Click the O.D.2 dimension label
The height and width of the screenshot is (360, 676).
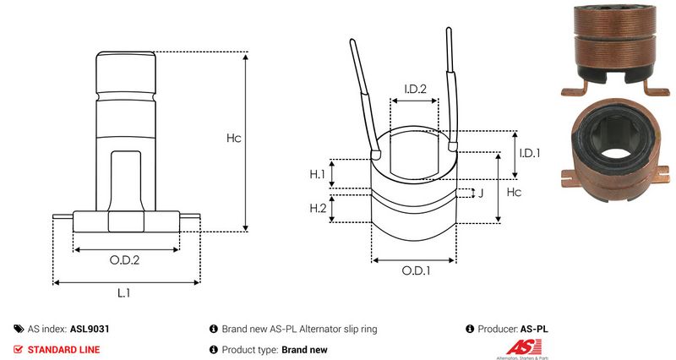point(124,260)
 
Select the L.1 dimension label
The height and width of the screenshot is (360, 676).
point(123,293)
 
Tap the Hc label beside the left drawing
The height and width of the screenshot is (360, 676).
point(233,138)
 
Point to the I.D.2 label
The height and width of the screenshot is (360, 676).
point(415,89)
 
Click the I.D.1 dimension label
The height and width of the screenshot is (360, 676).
point(530,153)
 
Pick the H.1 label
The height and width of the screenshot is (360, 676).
point(318,174)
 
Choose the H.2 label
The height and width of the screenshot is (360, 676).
point(318,208)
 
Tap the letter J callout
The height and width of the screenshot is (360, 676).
point(481,193)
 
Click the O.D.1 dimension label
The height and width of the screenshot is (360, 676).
point(416,270)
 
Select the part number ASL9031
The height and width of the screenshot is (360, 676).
point(90,329)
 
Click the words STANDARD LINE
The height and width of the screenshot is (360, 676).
point(63,350)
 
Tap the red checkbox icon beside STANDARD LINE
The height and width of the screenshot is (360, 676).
point(18,349)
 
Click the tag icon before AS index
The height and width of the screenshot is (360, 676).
point(19,329)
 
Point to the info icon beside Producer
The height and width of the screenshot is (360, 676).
point(470,329)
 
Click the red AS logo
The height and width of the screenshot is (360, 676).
point(523,347)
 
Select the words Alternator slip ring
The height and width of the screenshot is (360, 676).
point(338,329)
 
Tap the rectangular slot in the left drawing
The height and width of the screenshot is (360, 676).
point(125,180)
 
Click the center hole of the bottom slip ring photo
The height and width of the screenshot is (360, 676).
point(613,153)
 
